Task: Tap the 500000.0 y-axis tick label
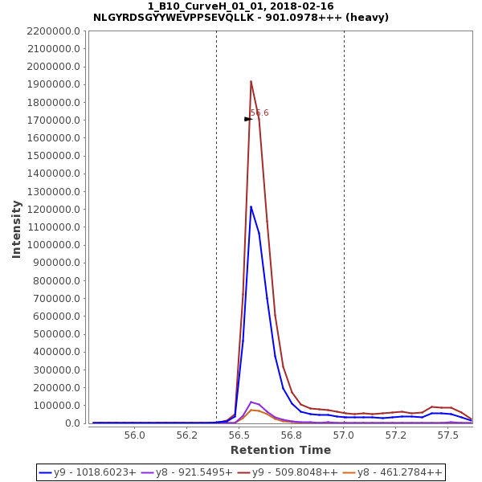(x=57, y=334)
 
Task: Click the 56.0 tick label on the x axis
(x=136, y=435)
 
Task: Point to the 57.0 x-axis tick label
(x=344, y=435)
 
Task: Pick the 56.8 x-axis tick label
(x=292, y=435)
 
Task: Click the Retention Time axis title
(x=280, y=450)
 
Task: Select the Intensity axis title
(x=17, y=229)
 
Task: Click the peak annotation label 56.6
(x=259, y=113)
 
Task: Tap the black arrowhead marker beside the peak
(x=248, y=119)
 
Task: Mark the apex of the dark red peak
(x=251, y=80)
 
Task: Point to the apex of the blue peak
(x=251, y=206)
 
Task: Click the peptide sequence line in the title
(x=241, y=18)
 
